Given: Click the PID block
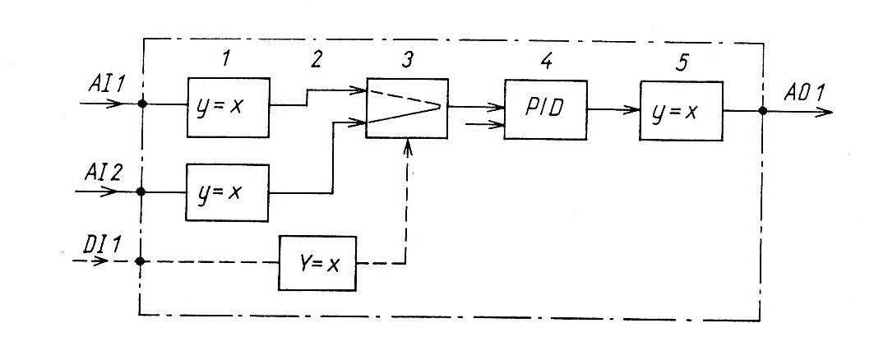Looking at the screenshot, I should click(x=545, y=110).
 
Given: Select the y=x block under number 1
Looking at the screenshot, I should click(x=228, y=108).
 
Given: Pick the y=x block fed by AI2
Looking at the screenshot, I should click(x=228, y=192).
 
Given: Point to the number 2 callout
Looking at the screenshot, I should click(x=316, y=59).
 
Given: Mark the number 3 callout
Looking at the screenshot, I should click(x=405, y=60).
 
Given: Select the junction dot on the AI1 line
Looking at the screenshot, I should click(x=143, y=104).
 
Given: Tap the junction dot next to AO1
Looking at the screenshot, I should click(x=763, y=112).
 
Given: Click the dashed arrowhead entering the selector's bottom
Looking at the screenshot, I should click(x=407, y=146).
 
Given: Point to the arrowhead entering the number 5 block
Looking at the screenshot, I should click(x=632, y=108).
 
